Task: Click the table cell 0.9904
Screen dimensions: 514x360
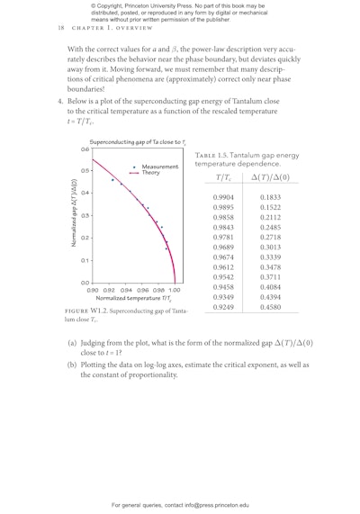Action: click(x=224, y=196)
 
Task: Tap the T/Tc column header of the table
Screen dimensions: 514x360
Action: click(x=225, y=180)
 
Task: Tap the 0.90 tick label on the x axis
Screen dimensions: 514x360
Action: click(x=92, y=290)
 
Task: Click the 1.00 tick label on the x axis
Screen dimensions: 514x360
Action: click(x=174, y=290)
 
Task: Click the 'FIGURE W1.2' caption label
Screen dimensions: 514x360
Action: click(x=85, y=311)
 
